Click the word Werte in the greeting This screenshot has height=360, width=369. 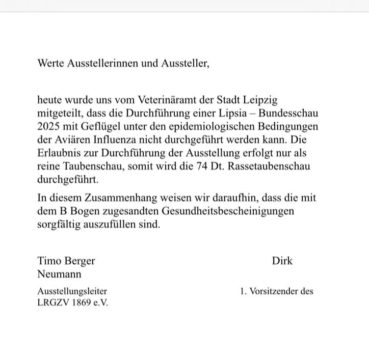pyautogui.click(x=51, y=64)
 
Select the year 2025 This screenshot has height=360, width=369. pyautogui.click(x=48, y=126)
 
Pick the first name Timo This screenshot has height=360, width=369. pyautogui.click(x=49, y=261)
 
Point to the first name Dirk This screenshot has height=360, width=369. pyautogui.click(x=282, y=261)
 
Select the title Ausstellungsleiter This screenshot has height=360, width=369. pyautogui.click(x=72, y=291)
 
